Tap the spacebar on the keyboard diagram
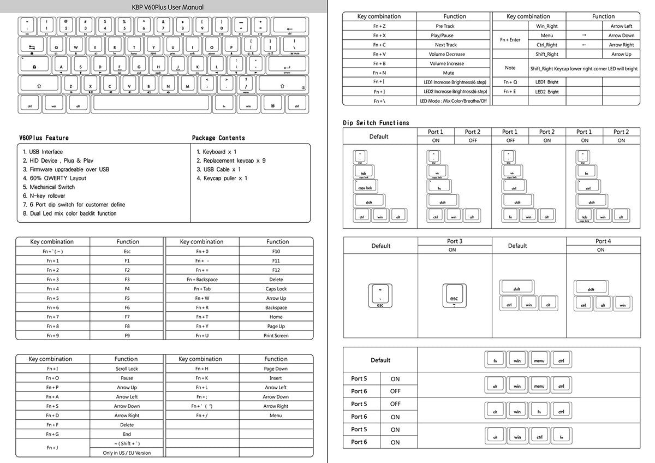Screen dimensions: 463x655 coord(151,104)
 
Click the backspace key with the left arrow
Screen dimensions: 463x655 coord(289,27)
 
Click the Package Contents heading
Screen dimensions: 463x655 coord(218,138)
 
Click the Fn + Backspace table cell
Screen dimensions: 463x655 coord(202,280)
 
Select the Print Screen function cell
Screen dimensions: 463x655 coord(276,336)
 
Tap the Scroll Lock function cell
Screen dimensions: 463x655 coord(127,369)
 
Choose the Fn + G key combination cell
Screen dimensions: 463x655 coord(52,434)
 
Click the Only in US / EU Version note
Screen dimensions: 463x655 coord(127,453)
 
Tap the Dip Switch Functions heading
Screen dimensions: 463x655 coord(376,123)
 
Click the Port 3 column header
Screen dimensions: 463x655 coord(455,241)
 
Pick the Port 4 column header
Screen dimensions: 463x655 coord(603,241)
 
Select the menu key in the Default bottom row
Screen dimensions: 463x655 coord(539,360)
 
